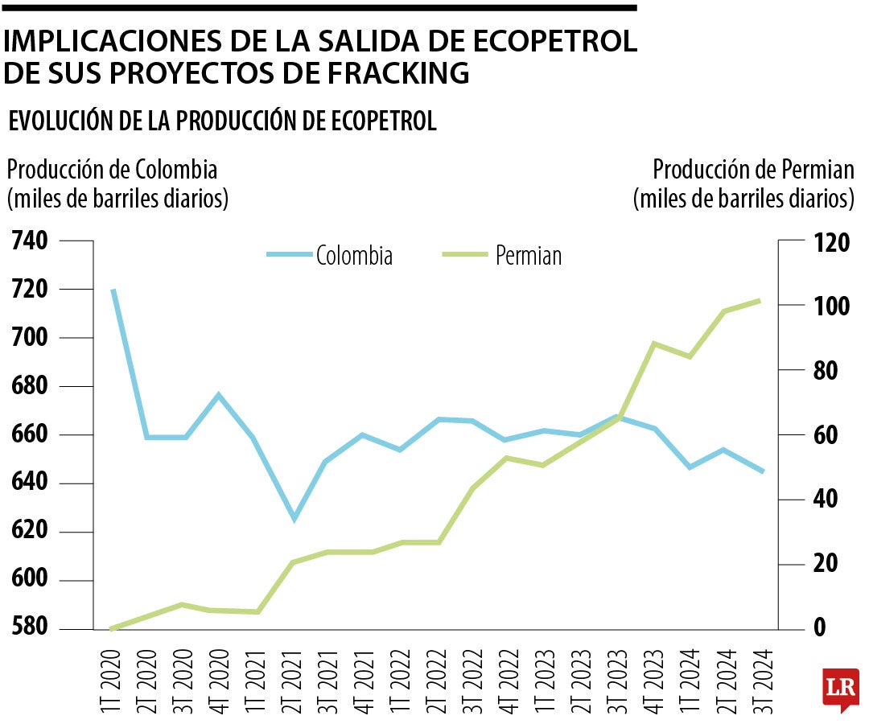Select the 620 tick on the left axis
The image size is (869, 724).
click(x=30, y=532)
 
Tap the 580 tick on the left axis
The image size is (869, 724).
click(x=30, y=628)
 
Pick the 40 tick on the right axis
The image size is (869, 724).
click(x=818, y=500)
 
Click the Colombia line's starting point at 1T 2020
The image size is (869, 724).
click(x=113, y=290)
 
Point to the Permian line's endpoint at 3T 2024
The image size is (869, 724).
click(x=760, y=300)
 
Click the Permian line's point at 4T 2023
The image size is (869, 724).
click(x=654, y=343)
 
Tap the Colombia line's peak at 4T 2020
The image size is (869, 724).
click(x=219, y=394)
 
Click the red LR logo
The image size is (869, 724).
click(x=840, y=689)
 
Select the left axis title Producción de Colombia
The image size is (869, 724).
click(x=113, y=170)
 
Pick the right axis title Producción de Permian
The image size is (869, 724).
click(x=753, y=170)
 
